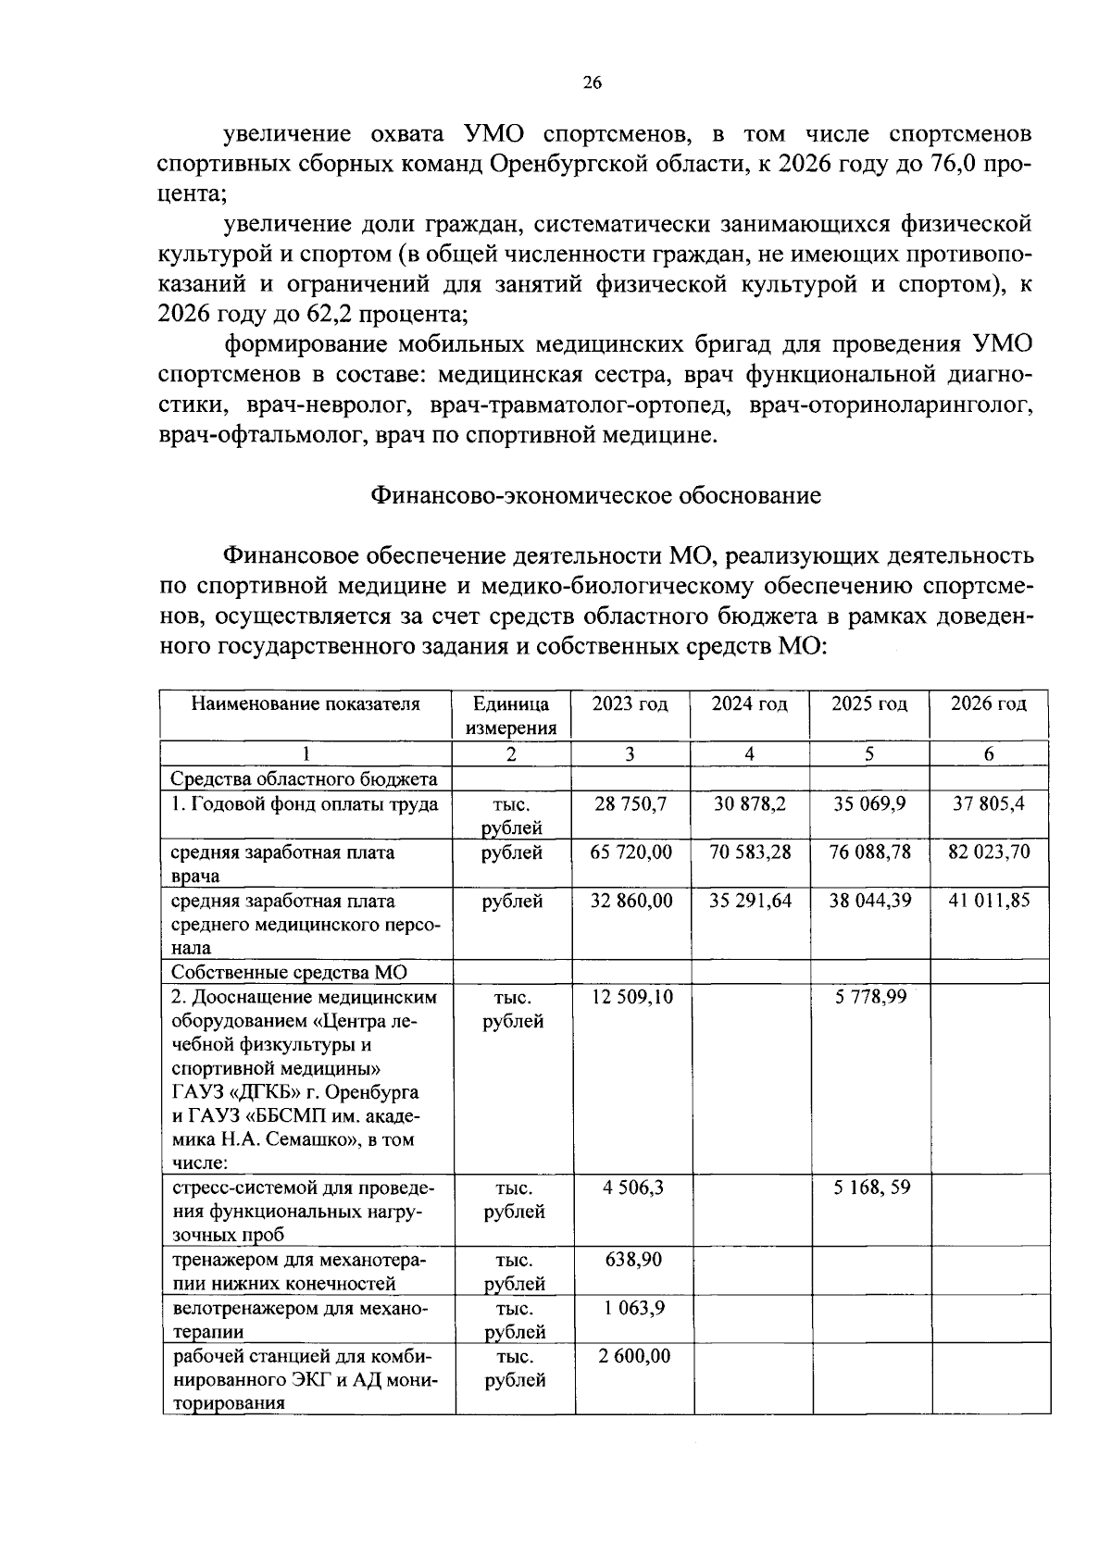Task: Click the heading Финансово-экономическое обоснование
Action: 595,495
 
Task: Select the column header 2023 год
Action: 630,703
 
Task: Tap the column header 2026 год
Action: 989,703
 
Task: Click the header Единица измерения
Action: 511,716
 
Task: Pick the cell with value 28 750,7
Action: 630,804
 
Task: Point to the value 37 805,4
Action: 989,804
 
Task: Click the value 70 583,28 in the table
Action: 750,852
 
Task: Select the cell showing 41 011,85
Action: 989,900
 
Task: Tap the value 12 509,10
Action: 631,997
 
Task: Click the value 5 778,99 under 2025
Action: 868,997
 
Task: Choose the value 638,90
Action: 633,1260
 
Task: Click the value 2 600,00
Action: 633,1356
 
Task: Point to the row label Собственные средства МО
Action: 289,972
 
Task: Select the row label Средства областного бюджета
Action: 304,778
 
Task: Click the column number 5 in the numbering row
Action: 868,754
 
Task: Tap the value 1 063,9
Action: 633,1308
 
